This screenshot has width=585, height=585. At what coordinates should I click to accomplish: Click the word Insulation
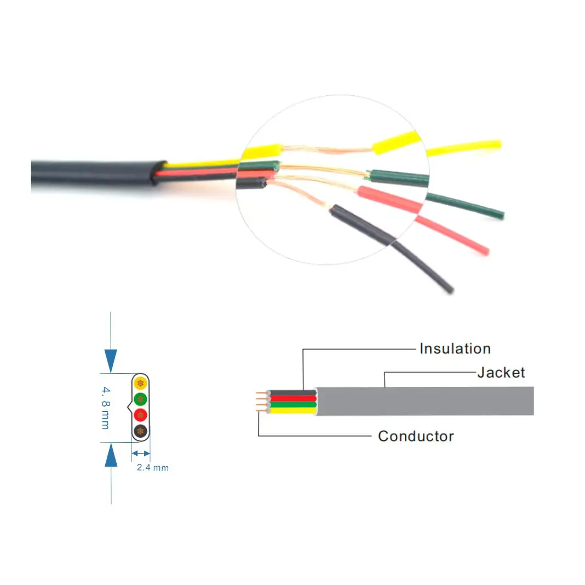click(455, 349)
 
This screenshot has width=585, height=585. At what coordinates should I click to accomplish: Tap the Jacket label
click(501, 373)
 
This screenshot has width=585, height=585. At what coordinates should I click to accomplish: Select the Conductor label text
click(416, 436)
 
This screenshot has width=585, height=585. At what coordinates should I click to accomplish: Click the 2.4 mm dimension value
click(152, 468)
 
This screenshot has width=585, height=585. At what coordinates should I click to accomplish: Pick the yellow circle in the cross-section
click(141, 382)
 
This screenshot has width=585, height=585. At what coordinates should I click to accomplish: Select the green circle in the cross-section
click(141, 398)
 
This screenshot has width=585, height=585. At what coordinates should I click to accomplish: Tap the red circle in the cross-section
click(141, 414)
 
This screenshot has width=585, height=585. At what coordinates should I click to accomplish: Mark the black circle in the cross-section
click(141, 431)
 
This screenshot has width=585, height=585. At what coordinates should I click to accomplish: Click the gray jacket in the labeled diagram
click(427, 401)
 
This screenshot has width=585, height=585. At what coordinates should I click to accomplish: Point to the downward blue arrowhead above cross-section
click(111, 361)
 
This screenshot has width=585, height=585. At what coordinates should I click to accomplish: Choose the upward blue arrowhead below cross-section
click(111, 455)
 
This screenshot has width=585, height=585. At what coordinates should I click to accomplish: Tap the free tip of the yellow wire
click(496, 144)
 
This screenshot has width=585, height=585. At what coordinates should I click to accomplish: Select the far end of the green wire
click(500, 215)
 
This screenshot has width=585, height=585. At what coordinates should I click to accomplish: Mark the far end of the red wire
click(484, 252)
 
